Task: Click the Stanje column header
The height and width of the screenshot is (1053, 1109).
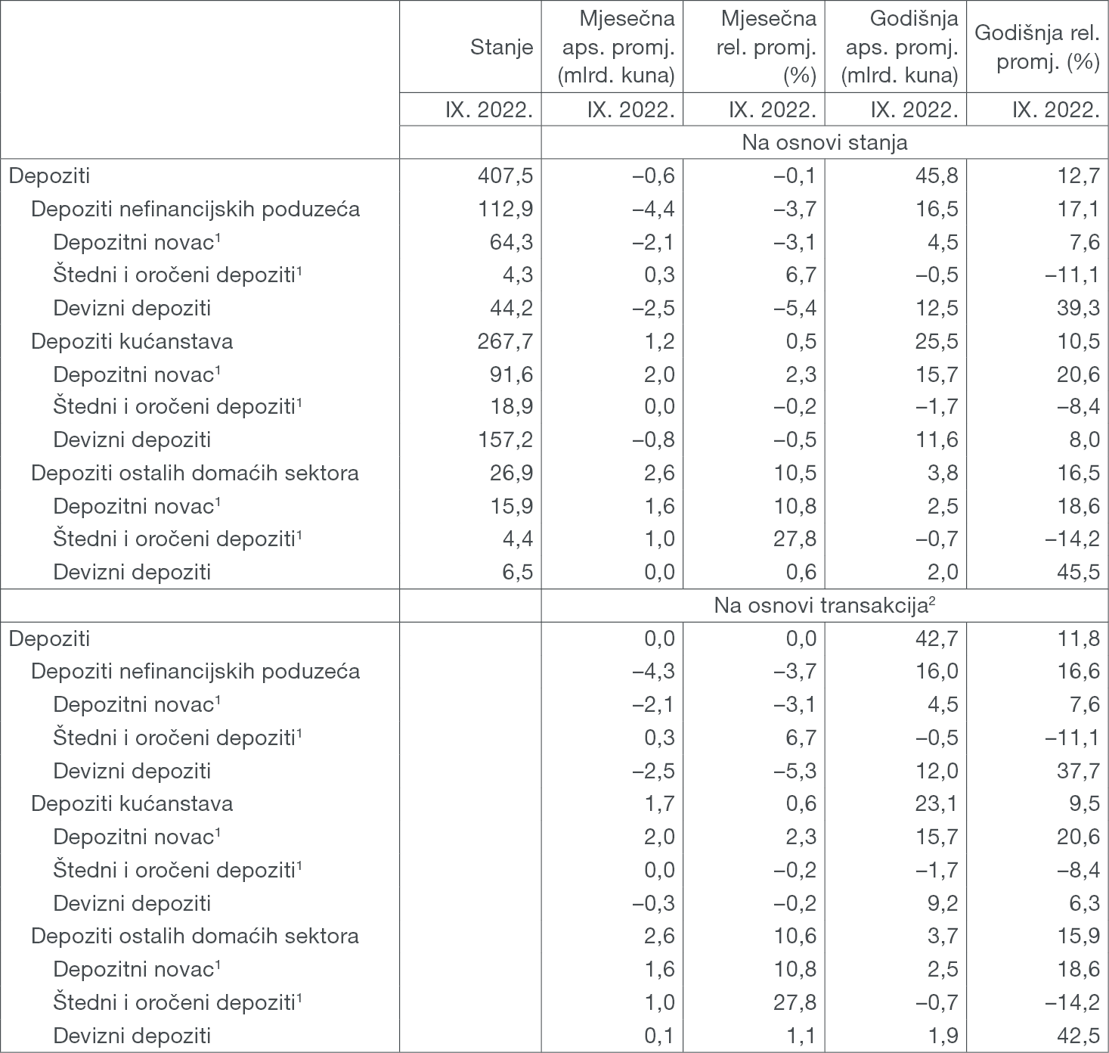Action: (501, 47)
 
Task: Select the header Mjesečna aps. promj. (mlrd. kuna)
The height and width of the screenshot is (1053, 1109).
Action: (615, 47)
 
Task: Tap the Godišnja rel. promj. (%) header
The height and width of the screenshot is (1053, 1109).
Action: (1037, 47)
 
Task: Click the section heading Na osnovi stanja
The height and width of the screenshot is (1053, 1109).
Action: (824, 142)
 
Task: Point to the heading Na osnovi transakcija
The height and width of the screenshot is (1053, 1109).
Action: (824, 605)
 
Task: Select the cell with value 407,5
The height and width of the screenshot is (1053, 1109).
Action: (506, 175)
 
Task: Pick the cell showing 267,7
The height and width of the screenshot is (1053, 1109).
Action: (506, 341)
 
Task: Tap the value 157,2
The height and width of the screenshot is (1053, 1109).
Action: (506, 440)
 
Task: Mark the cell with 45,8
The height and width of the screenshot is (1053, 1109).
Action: (937, 175)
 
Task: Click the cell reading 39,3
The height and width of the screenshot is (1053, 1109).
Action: (1079, 308)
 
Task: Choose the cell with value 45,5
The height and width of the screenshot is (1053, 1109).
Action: (1079, 572)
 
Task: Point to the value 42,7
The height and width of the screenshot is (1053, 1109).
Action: (937, 638)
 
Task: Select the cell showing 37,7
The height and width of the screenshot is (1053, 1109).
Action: (1079, 771)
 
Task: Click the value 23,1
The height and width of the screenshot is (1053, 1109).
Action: (937, 803)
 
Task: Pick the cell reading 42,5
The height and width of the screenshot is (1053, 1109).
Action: (1079, 1035)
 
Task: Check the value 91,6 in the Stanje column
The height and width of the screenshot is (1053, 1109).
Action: (511, 374)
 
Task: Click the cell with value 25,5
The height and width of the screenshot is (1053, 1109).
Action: (937, 341)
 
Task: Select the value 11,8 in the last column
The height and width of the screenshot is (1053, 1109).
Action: (1079, 638)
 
